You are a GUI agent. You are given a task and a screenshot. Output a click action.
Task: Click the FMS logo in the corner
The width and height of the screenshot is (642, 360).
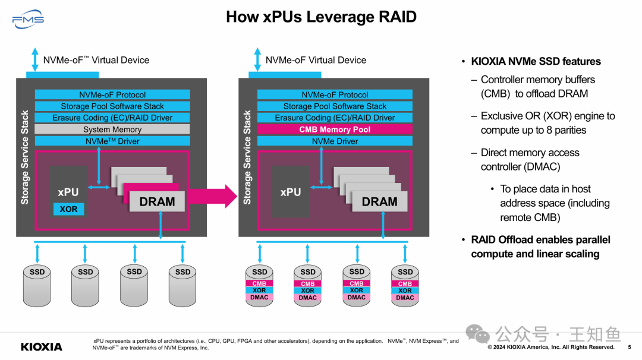tap(28, 20)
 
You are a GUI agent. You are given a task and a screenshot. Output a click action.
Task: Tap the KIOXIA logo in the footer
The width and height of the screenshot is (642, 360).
tap(42, 346)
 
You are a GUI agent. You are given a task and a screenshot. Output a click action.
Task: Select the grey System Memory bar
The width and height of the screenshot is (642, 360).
tap(112, 129)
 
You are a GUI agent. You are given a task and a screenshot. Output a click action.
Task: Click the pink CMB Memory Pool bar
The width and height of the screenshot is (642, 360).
tap(335, 129)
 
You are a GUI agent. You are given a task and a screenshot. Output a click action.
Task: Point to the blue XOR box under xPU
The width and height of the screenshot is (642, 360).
tap(68, 209)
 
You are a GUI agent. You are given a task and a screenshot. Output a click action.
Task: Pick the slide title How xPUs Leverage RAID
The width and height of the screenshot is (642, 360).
tap(321, 17)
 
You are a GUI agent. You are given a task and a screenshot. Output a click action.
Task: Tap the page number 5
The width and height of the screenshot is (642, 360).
tap(630, 347)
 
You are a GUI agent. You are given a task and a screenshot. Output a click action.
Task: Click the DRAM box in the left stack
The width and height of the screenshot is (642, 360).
tap(157, 201)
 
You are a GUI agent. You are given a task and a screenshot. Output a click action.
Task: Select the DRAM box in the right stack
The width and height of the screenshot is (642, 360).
tap(379, 201)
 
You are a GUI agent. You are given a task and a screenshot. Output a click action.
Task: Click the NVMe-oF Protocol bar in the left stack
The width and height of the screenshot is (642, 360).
tap(112, 94)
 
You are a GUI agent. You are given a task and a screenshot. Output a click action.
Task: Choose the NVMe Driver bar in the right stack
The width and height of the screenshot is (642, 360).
tap(335, 141)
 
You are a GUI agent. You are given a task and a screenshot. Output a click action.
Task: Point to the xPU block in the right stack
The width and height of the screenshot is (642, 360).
tap(291, 192)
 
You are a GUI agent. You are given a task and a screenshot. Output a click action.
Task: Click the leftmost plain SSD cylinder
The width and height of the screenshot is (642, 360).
tap(37, 285)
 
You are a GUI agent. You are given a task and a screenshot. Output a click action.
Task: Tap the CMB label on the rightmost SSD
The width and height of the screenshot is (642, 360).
tap(405, 284)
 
